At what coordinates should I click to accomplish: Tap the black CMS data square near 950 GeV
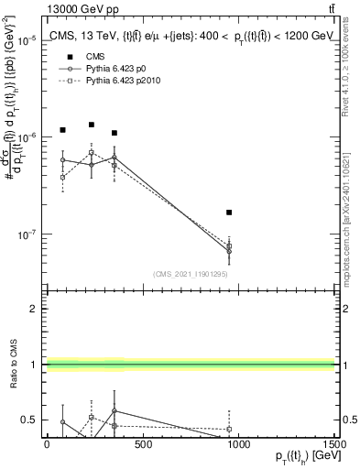coord(229,212)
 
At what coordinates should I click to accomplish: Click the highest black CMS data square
coord(92,125)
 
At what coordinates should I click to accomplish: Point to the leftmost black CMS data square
coord(62,130)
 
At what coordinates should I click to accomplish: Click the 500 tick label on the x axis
coord(142,445)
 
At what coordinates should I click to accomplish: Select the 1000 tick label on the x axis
coord(238,445)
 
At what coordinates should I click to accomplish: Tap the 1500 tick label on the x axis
coord(333,445)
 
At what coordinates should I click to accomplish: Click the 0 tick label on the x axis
coord(47,445)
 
